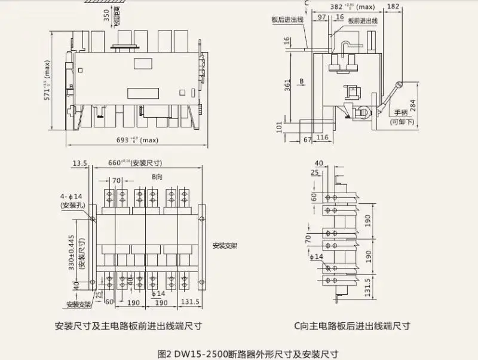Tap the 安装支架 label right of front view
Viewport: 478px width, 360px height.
point(225,245)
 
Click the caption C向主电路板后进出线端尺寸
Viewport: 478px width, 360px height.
point(351,326)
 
